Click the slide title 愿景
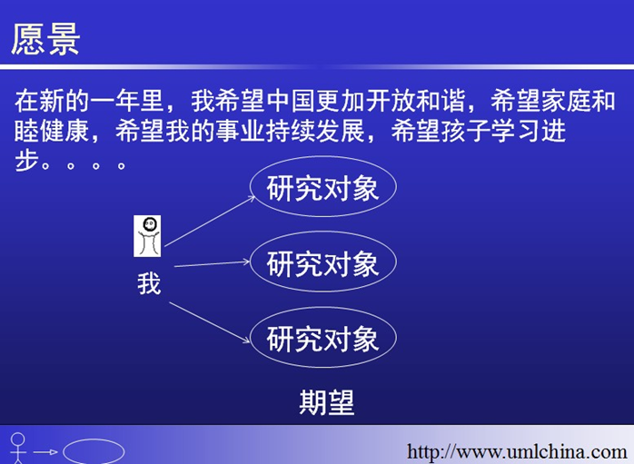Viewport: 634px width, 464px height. [45, 39]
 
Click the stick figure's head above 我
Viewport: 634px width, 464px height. [150, 224]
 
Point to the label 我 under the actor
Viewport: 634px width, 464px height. [149, 283]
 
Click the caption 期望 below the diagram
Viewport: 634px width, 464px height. [327, 402]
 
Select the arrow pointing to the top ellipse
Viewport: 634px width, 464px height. [210, 221]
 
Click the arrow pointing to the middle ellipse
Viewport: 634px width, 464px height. [212, 264]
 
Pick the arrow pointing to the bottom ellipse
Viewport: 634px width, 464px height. [210, 322]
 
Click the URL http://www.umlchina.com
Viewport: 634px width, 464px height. [517, 452]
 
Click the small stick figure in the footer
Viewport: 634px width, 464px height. [18, 449]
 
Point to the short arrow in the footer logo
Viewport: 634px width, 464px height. [45, 452]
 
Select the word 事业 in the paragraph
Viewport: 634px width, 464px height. [240, 131]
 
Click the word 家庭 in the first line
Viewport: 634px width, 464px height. [566, 101]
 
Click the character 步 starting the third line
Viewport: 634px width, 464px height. [26, 162]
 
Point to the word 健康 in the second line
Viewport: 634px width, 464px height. [64, 131]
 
